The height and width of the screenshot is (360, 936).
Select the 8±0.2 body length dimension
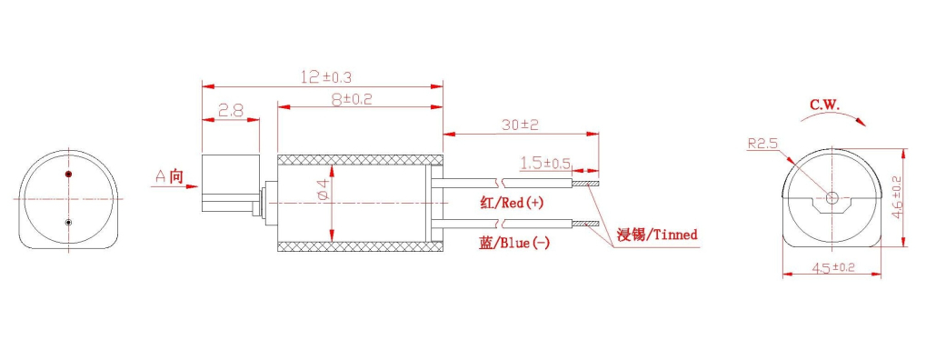pyautogui.click(x=353, y=99)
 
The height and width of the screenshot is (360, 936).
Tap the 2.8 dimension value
pyautogui.click(x=230, y=110)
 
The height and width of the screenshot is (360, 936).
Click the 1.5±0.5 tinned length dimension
pyautogui.click(x=545, y=163)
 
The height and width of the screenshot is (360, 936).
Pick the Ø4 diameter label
pyautogui.click(x=323, y=189)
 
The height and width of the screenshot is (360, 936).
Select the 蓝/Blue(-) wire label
pyautogui.click(x=514, y=243)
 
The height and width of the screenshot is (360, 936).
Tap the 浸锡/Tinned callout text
pyautogui.click(x=657, y=235)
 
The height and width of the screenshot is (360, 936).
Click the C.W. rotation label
pyautogui.click(x=824, y=105)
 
